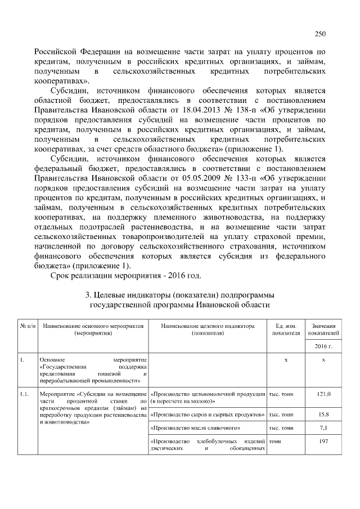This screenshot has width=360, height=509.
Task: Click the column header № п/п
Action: pos(28,326)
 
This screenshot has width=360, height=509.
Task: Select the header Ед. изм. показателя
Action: pos(286,330)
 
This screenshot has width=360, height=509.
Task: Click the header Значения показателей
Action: pos(324,330)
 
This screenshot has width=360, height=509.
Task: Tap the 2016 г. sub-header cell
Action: pos(324,346)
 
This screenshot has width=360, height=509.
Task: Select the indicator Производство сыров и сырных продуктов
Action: pos(208,415)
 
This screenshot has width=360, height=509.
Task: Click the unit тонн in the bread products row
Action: pos(276,443)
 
